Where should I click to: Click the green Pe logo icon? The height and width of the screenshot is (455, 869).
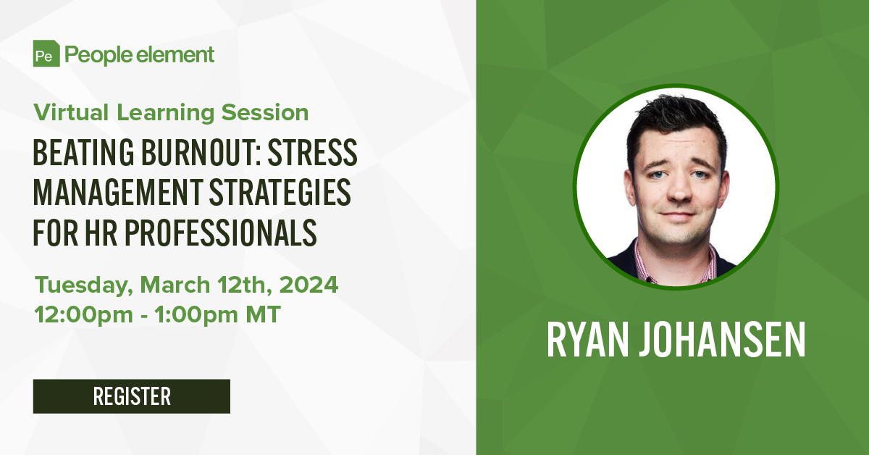pos(46,54)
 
